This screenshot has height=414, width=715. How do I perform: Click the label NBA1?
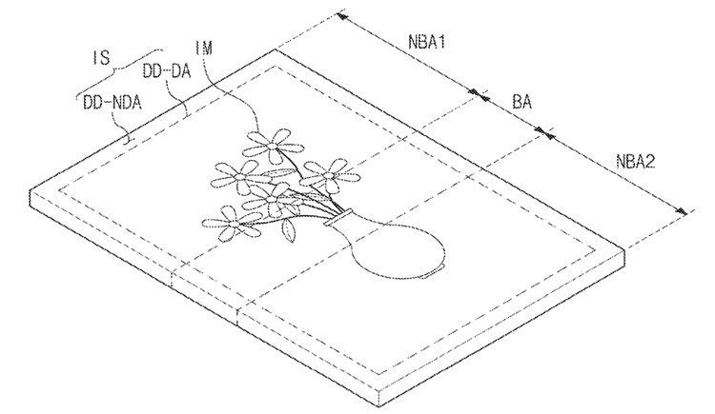pos(426,42)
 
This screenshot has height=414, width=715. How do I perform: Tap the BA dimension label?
pos(521,101)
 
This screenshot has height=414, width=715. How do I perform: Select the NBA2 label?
pos(635,162)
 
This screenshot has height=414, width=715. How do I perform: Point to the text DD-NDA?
pos(112,103)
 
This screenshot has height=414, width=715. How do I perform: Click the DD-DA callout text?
pos(167,71)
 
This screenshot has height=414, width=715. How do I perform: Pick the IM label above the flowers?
pos(203,48)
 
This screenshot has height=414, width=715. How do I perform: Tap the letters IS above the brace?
pos(101,57)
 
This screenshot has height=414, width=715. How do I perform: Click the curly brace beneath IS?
pos(119,70)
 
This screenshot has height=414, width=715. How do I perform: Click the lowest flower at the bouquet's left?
pos(232,223)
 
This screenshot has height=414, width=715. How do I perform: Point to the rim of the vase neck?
pos(337,217)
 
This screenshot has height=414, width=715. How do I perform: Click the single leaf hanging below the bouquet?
pos(289,230)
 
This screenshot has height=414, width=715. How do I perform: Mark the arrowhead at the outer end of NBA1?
pos(341,17)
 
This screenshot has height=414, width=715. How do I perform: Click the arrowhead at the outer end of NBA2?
pos(681,210)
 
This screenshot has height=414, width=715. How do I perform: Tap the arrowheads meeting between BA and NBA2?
pos(544,131)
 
